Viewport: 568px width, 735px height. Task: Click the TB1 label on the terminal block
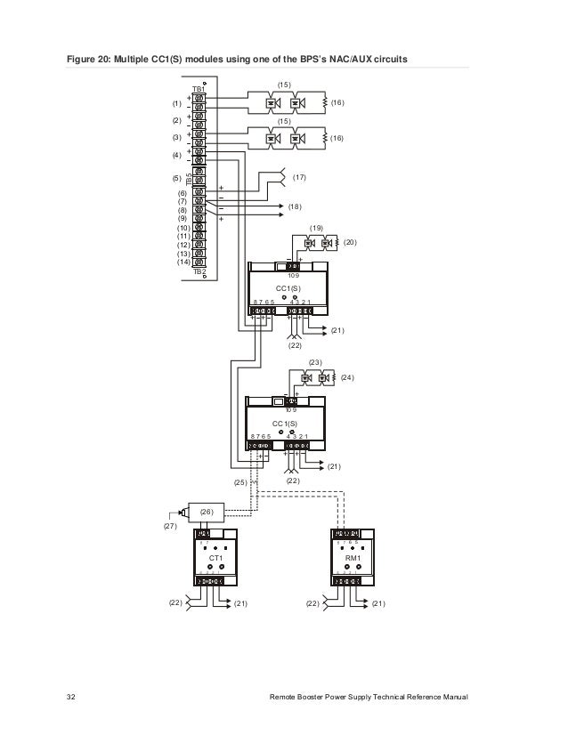pyautogui.click(x=199, y=90)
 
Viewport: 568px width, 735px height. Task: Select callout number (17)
pyautogui.click(x=299, y=178)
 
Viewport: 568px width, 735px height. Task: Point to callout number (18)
pyautogui.click(x=296, y=206)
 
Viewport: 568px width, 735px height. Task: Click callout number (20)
pyautogui.click(x=350, y=242)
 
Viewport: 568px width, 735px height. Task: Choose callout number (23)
pyautogui.click(x=315, y=363)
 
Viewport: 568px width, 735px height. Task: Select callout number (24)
pyautogui.click(x=346, y=377)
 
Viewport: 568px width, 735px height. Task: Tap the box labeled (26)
pyautogui.click(x=207, y=513)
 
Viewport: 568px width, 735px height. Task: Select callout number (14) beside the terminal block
pyautogui.click(x=183, y=261)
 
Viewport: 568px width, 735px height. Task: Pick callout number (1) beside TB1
pyautogui.click(x=176, y=104)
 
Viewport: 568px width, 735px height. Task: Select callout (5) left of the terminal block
pyautogui.click(x=176, y=178)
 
